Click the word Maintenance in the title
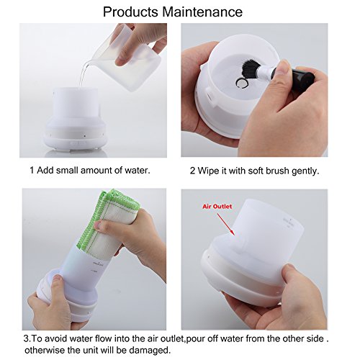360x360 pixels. (202, 12)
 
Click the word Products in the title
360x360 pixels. (130, 12)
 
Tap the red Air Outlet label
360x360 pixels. (217, 207)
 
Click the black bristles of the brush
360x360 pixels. (249, 68)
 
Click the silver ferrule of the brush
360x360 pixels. (265, 72)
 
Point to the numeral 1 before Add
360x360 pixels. (32, 171)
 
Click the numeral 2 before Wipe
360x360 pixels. (192, 171)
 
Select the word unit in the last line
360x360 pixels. (89, 350)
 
